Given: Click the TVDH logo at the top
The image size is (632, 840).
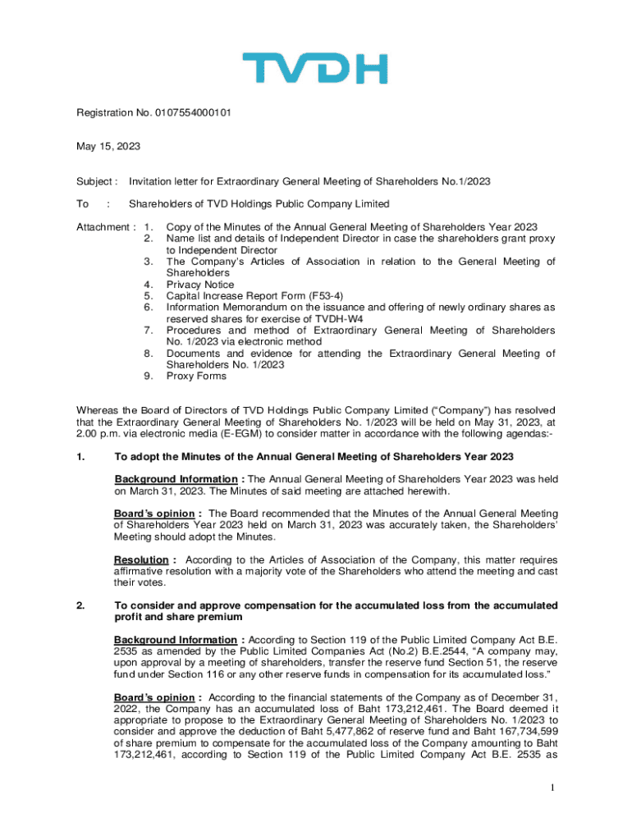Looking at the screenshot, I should point(315,69).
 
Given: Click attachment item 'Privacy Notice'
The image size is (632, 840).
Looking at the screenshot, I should point(200,285).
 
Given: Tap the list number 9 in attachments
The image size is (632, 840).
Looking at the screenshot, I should point(147,377).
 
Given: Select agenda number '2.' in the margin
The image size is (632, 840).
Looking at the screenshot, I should point(81,605).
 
